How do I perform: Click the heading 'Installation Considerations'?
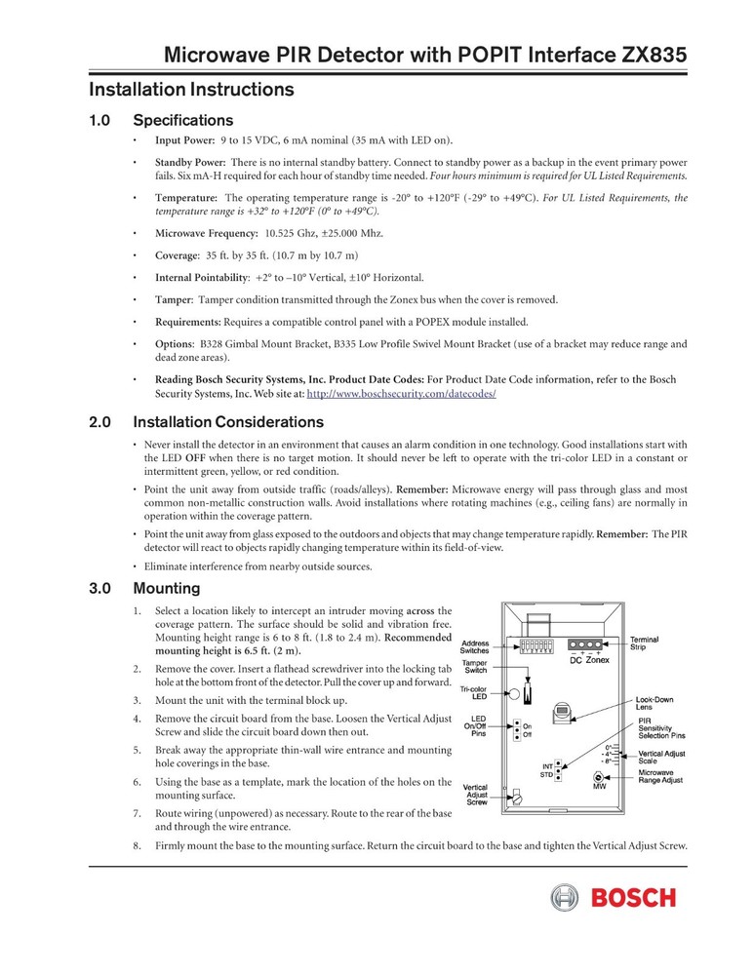pos(227,422)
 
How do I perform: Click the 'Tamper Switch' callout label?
pos(475,666)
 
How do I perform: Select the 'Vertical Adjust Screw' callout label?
pos(475,794)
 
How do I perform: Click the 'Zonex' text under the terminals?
pos(598,660)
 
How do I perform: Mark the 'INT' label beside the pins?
pos(547,766)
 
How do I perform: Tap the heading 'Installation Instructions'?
pos(191,90)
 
